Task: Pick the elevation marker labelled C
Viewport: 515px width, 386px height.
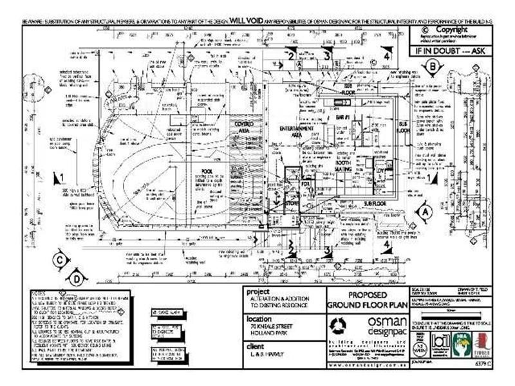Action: [59, 261]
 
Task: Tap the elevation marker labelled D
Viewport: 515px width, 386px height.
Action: [77, 279]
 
